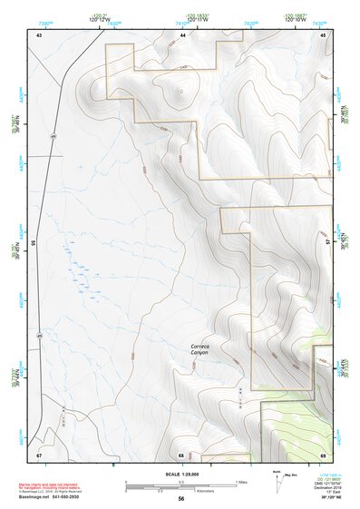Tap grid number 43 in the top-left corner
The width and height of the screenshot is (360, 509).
tap(39, 34)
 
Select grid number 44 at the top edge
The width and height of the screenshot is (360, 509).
tap(183, 34)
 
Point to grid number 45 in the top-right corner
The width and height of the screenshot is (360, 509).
tap(324, 34)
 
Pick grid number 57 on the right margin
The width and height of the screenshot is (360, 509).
tap(329, 243)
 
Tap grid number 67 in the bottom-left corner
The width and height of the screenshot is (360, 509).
tap(39, 454)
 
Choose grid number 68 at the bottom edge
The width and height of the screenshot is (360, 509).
tap(181, 454)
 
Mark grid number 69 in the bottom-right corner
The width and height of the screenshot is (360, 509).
tap(324, 454)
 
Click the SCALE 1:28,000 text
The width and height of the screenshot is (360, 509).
tap(179, 475)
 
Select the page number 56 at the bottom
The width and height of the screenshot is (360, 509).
tap(181, 499)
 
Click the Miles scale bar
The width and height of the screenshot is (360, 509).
tap(181, 483)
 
